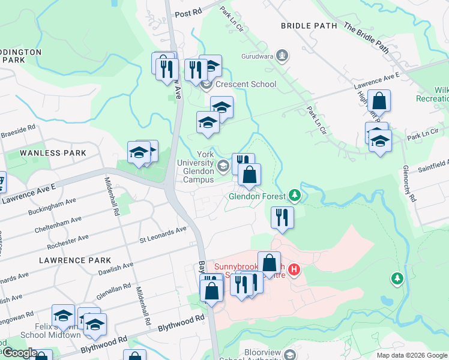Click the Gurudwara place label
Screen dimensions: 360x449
pyautogui.click(x=258, y=56)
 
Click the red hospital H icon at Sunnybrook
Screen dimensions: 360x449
pyautogui.click(x=294, y=269)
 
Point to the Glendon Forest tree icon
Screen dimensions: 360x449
pyautogui.click(x=294, y=195)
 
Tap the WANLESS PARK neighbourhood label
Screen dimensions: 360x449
pyautogui.click(x=53, y=153)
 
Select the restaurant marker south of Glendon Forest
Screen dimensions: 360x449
pyautogui.click(x=282, y=217)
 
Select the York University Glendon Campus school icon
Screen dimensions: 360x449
pyautogui.click(x=223, y=166)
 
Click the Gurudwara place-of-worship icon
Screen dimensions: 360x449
pyautogui.click(x=283, y=56)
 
